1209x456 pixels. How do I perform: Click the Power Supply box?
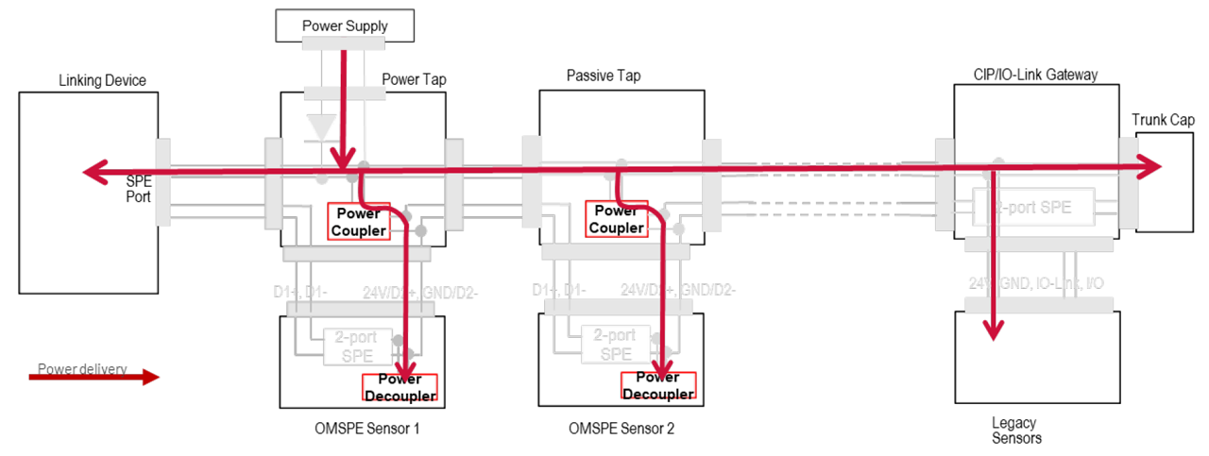(x=345, y=25)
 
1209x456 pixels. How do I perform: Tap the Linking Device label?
(x=102, y=80)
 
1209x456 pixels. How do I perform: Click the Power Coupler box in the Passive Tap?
(x=616, y=219)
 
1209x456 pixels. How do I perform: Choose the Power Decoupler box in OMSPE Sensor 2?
(x=657, y=385)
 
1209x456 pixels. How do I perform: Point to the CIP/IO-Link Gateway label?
(x=1035, y=75)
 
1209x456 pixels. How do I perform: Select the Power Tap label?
(x=414, y=79)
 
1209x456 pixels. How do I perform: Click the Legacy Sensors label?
(x=1014, y=430)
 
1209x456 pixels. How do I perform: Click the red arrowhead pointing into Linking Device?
(x=92, y=172)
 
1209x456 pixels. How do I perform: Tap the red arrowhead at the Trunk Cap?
(x=1150, y=166)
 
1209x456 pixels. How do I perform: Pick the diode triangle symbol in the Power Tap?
(x=323, y=127)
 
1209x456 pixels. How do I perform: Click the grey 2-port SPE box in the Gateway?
(x=1032, y=208)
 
